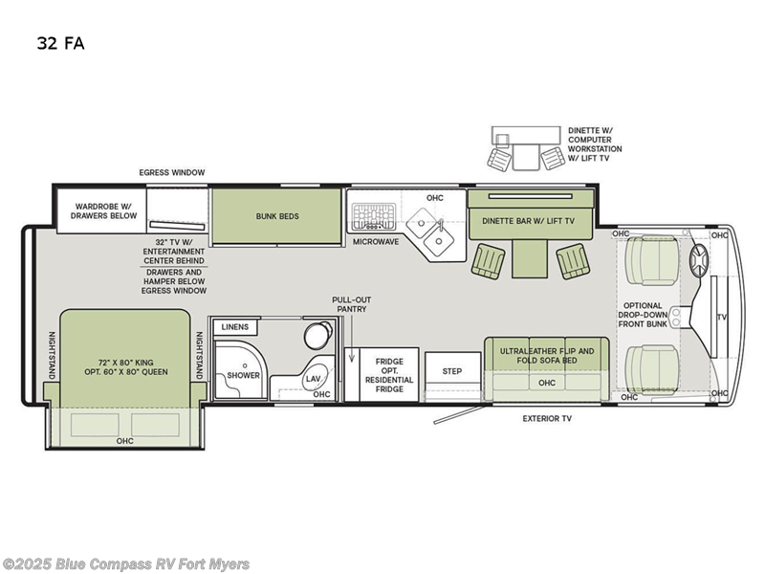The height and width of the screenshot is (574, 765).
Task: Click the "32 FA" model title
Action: click(x=60, y=43)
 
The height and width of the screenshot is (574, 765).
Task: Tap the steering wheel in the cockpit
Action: click(x=699, y=259)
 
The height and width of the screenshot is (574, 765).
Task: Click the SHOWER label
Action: click(x=243, y=375)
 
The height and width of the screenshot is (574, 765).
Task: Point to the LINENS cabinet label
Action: click(x=234, y=327)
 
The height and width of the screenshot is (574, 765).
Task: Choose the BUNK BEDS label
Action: click(x=277, y=216)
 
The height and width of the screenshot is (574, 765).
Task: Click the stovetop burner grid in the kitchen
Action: click(x=374, y=216)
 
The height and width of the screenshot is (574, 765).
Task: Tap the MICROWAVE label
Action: click(x=376, y=242)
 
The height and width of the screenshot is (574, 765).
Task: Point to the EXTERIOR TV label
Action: click(x=547, y=418)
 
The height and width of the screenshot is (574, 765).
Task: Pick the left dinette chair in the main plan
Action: click(x=489, y=261)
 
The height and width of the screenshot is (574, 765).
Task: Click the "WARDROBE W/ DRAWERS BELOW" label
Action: click(x=103, y=211)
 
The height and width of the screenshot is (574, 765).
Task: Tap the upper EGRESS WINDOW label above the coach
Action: click(x=172, y=172)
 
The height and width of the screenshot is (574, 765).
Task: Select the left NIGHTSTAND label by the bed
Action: click(x=52, y=355)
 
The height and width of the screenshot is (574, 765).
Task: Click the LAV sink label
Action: click(x=313, y=379)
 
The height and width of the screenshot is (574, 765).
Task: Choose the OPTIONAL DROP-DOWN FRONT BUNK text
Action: click(x=643, y=315)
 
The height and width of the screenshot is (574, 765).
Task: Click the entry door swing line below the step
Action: click(x=459, y=414)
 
